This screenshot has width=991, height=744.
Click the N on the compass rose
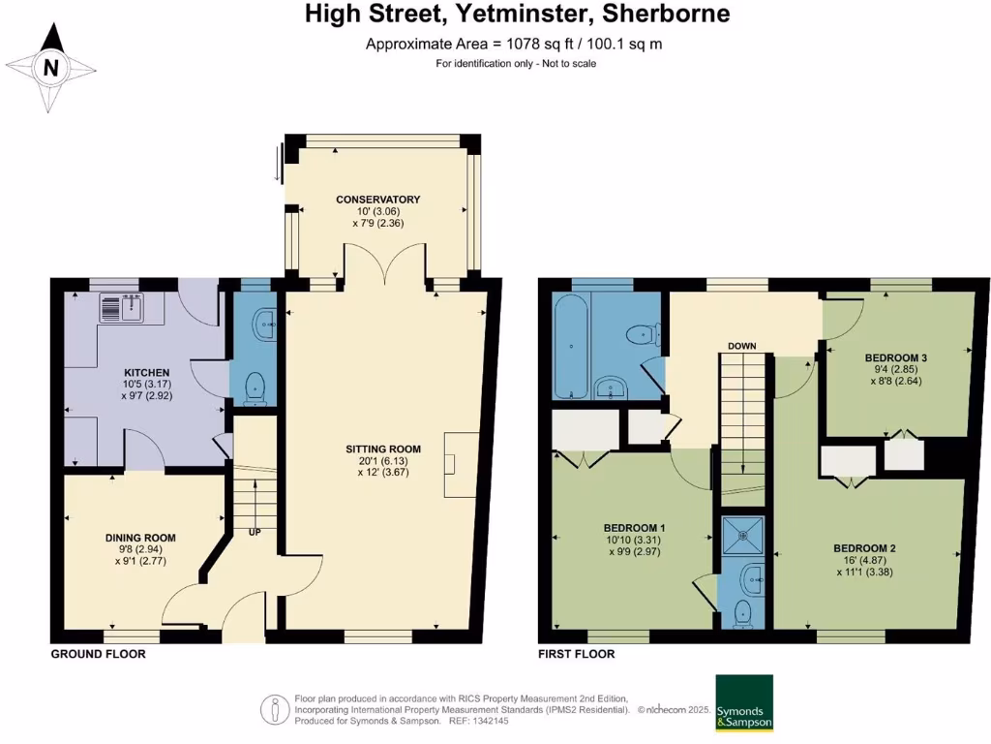click(50, 67)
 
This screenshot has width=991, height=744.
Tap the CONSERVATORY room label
click(378, 200)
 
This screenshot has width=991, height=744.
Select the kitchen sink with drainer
click(122, 307)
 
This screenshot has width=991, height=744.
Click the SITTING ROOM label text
click(383, 449)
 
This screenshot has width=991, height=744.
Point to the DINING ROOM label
click(140, 538)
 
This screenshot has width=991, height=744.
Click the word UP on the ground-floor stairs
click(255, 533)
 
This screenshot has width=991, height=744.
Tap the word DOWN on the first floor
click(742, 346)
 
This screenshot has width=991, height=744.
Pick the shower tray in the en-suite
click(742, 536)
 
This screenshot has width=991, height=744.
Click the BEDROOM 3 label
click(895, 358)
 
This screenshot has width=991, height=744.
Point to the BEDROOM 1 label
click(634, 528)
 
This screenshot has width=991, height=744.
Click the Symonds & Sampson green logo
click(744, 703)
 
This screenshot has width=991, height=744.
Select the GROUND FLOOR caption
click(98, 654)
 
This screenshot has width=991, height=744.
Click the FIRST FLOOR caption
click(577, 654)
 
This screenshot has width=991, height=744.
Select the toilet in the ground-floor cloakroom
click(255, 388)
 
